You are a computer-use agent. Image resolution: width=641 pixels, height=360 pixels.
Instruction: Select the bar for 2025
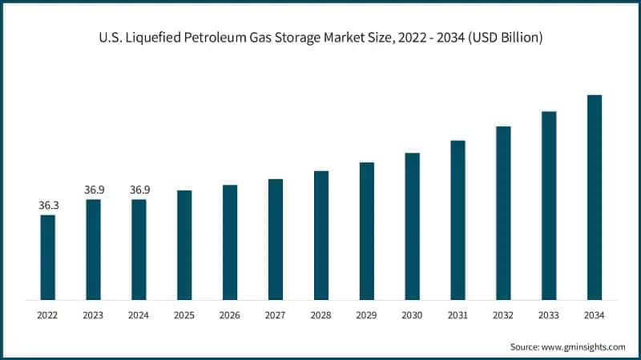click(x=184, y=245)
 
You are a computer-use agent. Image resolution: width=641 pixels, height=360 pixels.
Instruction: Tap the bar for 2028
click(x=321, y=235)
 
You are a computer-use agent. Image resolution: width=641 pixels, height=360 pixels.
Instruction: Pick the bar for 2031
click(x=458, y=220)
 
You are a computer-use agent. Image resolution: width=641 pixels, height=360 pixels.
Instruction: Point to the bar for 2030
click(x=412, y=226)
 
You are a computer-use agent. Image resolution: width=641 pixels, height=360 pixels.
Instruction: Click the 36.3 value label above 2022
click(x=48, y=206)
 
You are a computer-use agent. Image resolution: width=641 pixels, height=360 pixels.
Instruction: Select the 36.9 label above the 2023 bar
click(x=94, y=190)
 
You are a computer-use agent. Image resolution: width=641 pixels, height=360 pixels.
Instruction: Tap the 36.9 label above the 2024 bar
click(x=139, y=190)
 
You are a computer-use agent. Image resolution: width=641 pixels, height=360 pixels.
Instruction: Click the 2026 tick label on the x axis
click(x=230, y=315)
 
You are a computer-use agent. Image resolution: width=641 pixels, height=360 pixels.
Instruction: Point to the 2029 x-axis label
click(x=366, y=315)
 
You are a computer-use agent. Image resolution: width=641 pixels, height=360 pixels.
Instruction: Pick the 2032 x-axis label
click(x=503, y=315)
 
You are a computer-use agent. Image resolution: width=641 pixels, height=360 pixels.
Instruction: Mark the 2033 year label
click(x=549, y=315)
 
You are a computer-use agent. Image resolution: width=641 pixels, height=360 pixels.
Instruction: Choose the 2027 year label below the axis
click(x=276, y=315)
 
